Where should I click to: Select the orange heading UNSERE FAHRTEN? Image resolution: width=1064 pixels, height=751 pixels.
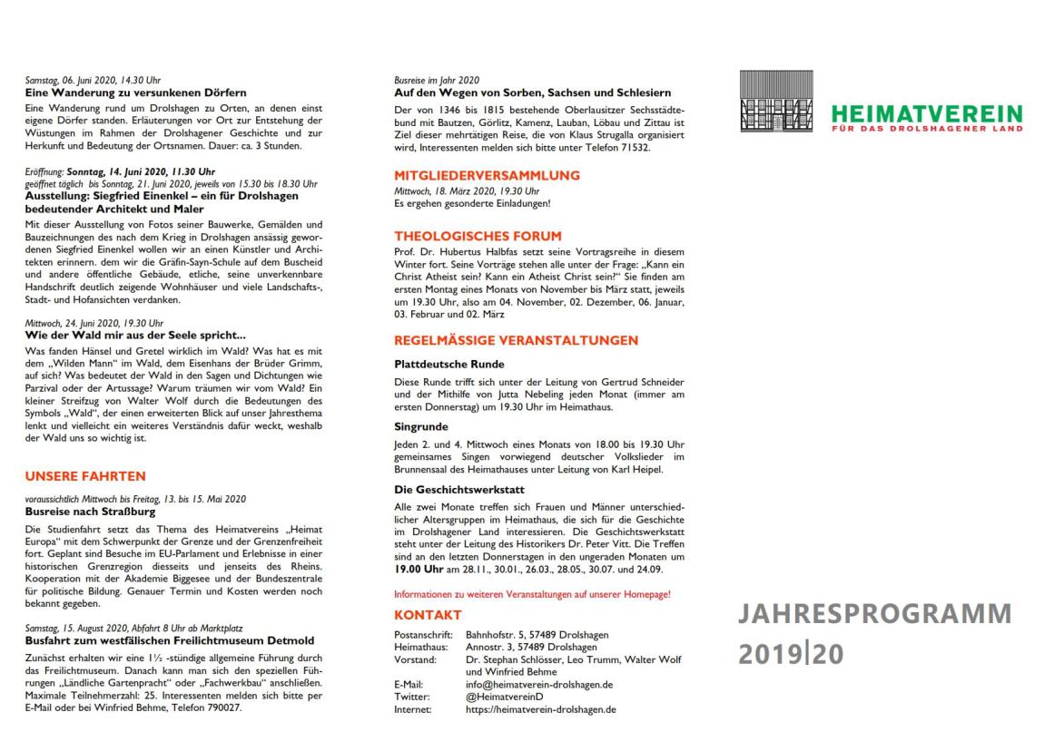click(x=85, y=475)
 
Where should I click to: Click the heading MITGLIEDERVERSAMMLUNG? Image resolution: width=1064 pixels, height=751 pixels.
click(x=487, y=175)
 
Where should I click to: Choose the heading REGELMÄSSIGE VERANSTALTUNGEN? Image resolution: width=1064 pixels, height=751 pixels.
click(x=516, y=341)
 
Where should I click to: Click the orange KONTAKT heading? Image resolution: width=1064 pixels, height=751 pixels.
click(x=429, y=616)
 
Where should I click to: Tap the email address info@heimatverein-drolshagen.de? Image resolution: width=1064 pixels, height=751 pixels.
click(x=538, y=684)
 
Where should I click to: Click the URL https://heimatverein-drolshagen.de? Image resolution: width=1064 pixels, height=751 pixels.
click(x=540, y=709)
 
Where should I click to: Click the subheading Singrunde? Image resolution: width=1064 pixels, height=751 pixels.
click(x=421, y=424)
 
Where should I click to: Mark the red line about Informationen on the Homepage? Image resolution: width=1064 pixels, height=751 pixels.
click(x=532, y=594)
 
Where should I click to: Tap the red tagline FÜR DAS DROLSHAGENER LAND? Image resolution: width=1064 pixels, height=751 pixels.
click(x=927, y=128)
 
